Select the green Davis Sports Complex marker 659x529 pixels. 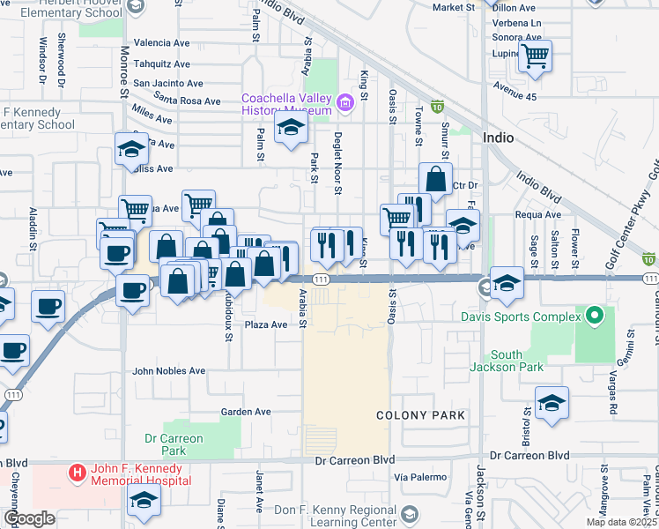coord(595,315)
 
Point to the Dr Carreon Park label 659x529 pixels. coord(174,443)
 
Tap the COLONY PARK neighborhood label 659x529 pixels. coord(419,414)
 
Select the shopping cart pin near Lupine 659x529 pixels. coord(535,57)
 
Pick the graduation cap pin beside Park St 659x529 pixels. coord(290,129)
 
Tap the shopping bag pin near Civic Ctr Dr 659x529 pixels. coord(435,180)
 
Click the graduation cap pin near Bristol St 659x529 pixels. coord(552,404)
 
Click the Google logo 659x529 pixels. coord(29,518)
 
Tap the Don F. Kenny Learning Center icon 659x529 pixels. coord(409,513)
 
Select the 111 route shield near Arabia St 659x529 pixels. coord(321,279)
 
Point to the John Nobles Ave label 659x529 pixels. coord(168,371)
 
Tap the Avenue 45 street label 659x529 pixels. coord(515,87)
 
